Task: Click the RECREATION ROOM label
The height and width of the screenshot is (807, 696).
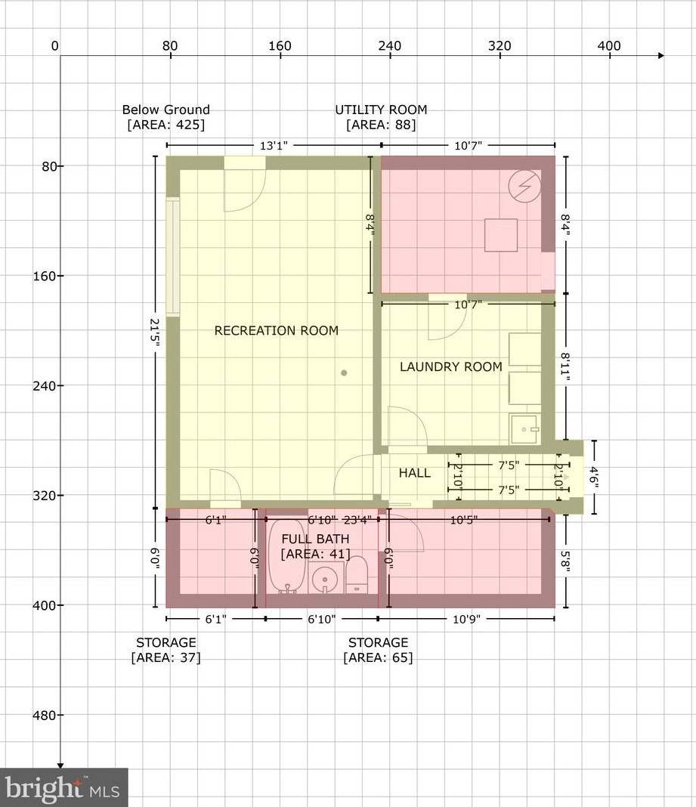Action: pyautogui.click(x=277, y=330)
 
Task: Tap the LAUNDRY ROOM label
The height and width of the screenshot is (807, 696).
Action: pyautogui.click(x=451, y=366)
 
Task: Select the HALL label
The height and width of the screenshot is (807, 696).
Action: pyautogui.click(x=414, y=472)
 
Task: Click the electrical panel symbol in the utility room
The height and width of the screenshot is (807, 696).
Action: pyautogui.click(x=524, y=186)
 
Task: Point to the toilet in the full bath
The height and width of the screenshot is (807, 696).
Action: pyautogui.click(x=356, y=574)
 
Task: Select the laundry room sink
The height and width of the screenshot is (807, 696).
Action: pyautogui.click(x=524, y=429)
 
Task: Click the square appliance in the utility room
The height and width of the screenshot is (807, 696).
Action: pyautogui.click(x=501, y=235)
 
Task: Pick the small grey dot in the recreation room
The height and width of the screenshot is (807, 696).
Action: pyautogui.click(x=344, y=373)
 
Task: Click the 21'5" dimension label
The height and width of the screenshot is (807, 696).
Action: pyautogui.click(x=155, y=332)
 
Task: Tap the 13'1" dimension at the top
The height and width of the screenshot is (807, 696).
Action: pyautogui.click(x=274, y=146)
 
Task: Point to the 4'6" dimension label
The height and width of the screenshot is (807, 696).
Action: pyautogui.click(x=595, y=477)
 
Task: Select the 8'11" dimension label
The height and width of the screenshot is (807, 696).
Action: pyautogui.click(x=566, y=367)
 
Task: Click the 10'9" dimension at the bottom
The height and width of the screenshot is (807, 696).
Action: pyautogui.click(x=466, y=619)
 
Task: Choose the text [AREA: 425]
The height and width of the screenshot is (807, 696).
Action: pyautogui.click(x=165, y=125)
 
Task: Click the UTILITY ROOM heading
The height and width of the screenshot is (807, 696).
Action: pyautogui.click(x=381, y=110)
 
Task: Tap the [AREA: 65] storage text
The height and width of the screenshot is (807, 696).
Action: pyautogui.click(x=378, y=657)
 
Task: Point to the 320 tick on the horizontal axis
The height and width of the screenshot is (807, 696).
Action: pyautogui.click(x=500, y=55)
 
